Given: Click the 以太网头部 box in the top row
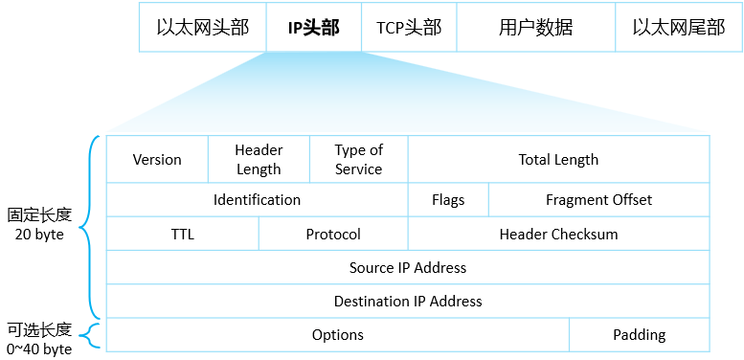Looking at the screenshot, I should pyautogui.click(x=202, y=27).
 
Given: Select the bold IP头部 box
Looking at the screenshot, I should pyautogui.click(x=313, y=27).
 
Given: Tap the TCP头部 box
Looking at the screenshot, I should pyautogui.click(x=409, y=27).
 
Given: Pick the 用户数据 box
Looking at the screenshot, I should pyautogui.click(x=535, y=27).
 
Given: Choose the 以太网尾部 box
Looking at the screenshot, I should pyautogui.click(x=678, y=27).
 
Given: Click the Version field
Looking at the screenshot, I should pyautogui.click(x=157, y=160).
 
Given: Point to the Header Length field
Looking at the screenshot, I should pyautogui.click(x=259, y=160).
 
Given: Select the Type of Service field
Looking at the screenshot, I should pyautogui.click(x=359, y=160).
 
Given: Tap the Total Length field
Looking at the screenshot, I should pyautogui.click(x=558, y=160).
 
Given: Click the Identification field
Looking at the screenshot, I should pyautogui.click(x=257, y=200).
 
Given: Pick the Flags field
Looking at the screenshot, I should pyautogui.click(x=448, y=200).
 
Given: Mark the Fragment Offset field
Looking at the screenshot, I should pyautogui.click(x=598, y=200).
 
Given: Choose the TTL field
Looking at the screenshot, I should pyautogui.click(x=182, y=235).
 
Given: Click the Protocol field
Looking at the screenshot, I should pyautogui.click(x=333, y=235).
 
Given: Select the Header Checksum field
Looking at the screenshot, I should pyautogui.click(x=558, y=235).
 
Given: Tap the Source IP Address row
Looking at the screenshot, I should pyautogui.click(x=408, y=268).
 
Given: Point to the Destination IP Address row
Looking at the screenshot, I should pyautogui.click(x=408, y=302).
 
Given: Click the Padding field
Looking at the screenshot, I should pyautogui.click(x=639, y=335).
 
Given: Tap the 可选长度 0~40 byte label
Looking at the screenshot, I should pyautogui.click(x=38, y=339).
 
